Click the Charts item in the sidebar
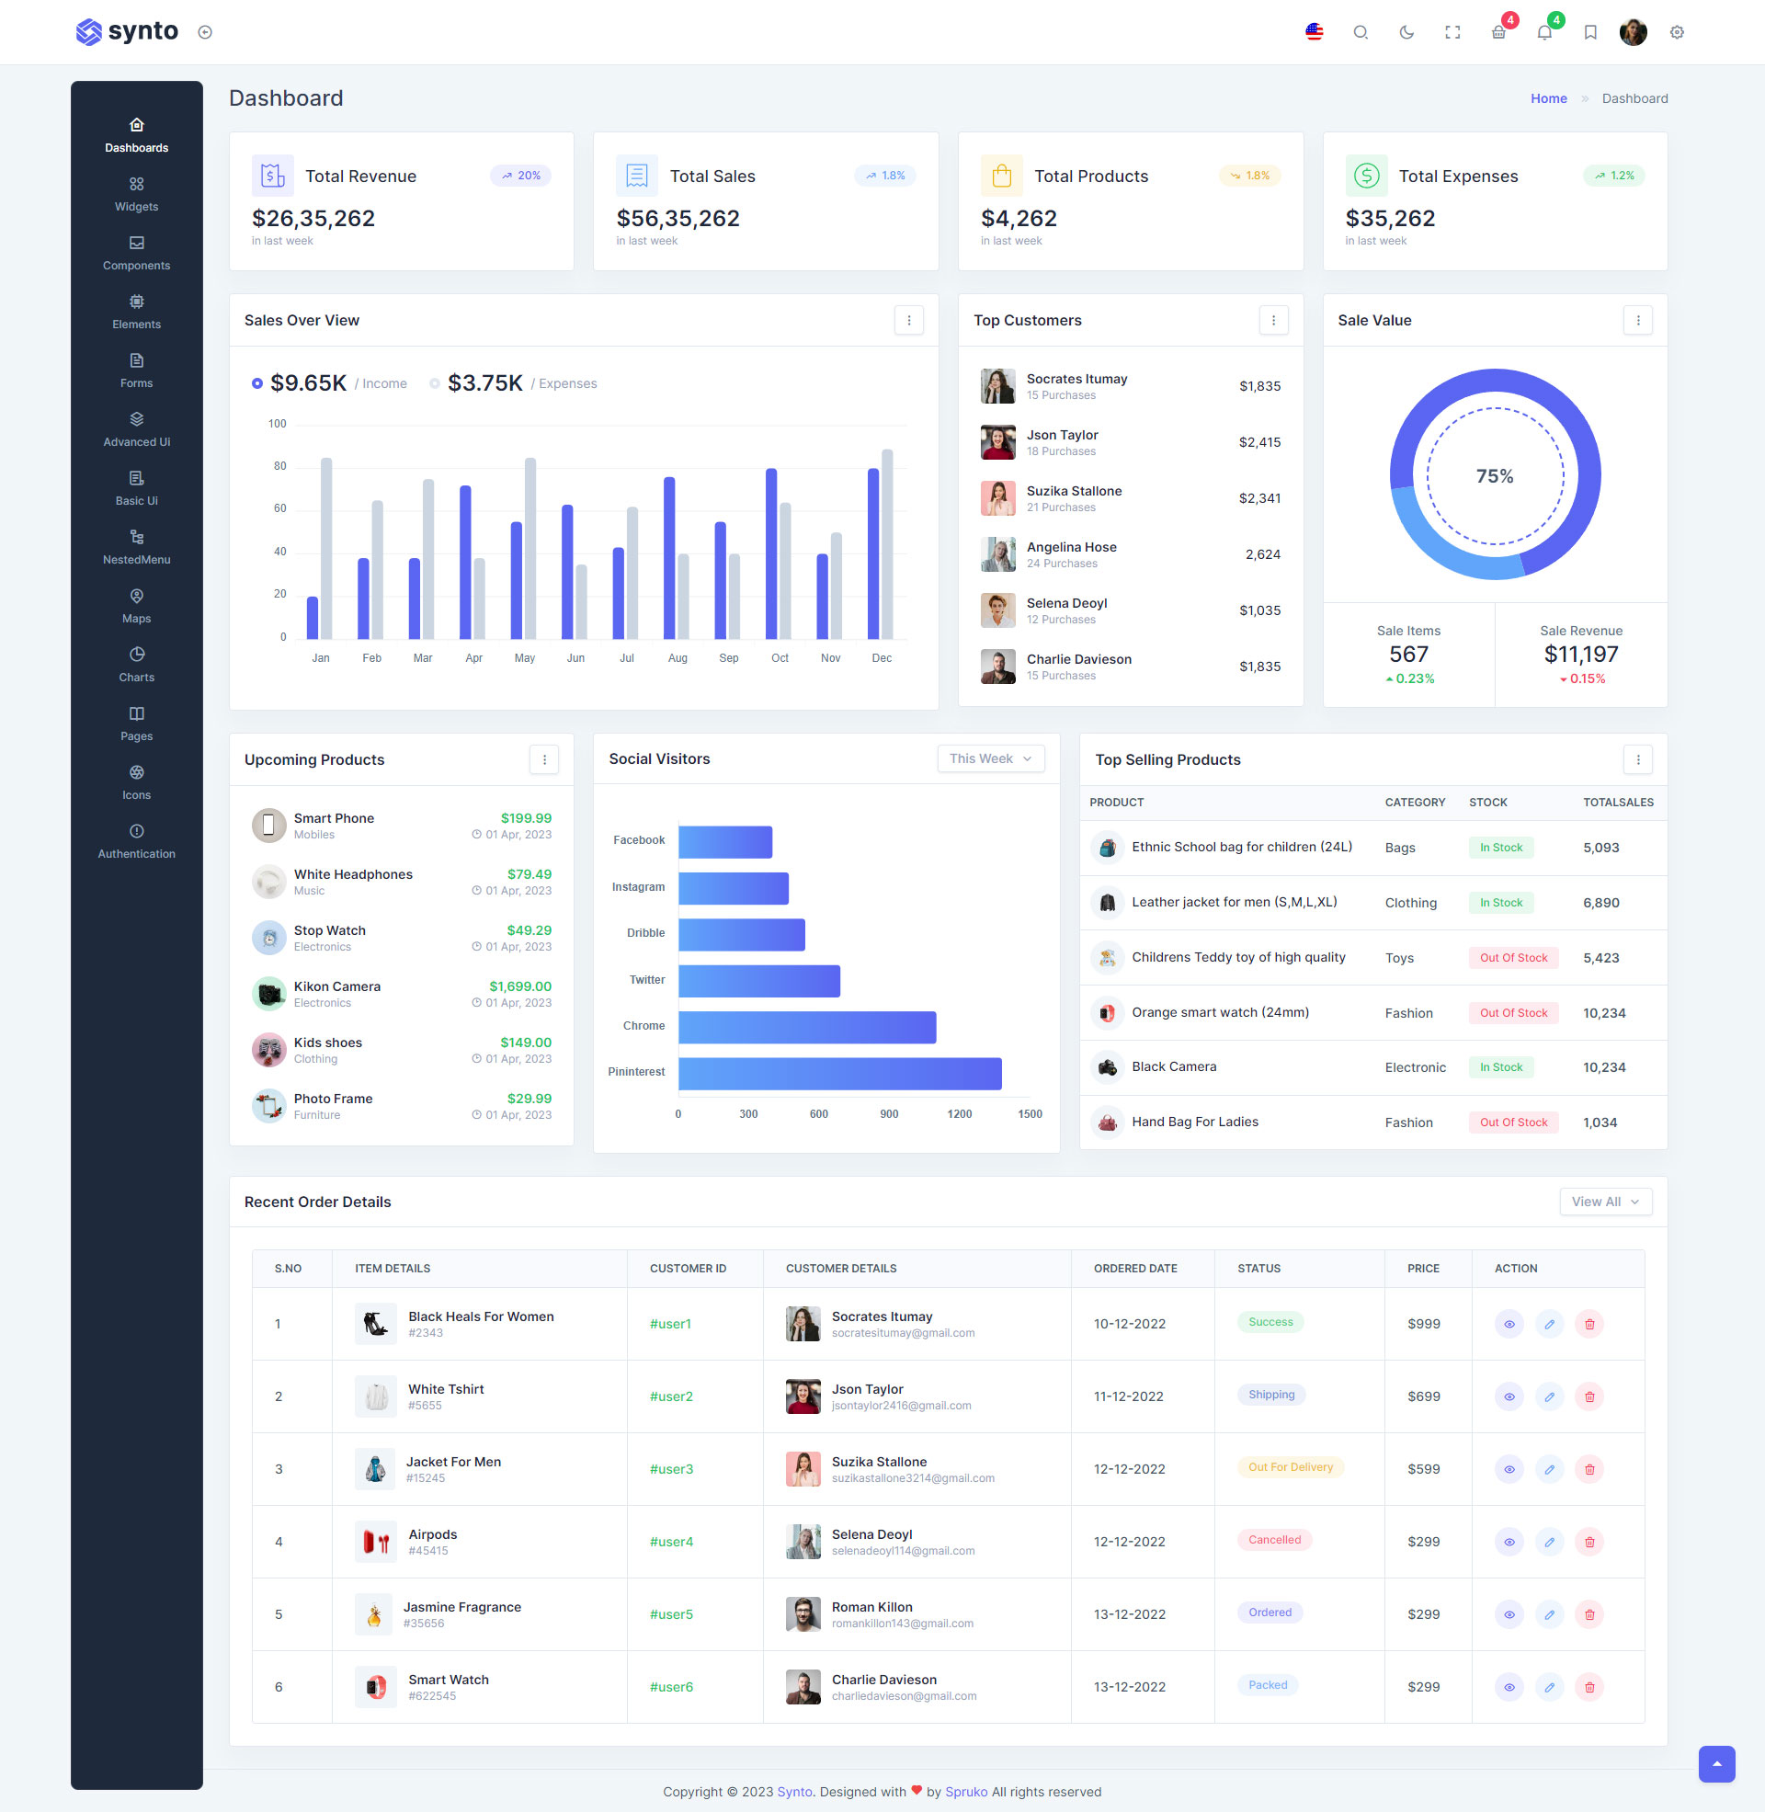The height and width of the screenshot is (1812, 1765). point(136,665)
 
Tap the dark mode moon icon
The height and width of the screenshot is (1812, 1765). point(1406,32)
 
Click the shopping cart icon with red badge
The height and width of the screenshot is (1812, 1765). point(1498,32)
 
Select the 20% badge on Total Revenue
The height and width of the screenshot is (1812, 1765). point(521,176)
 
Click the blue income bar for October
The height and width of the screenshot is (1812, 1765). point(771,553)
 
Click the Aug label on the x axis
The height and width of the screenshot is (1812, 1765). point(678,658)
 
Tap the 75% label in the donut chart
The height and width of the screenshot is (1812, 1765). point(1495,476)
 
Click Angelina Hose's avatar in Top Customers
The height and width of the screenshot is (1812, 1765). point(997,554)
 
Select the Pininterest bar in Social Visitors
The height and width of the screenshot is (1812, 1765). point(840,1073)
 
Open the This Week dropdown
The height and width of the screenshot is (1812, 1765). point(990,758)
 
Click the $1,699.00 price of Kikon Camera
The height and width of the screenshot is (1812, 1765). point(520,986)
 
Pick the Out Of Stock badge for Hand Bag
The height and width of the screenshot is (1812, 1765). point(1513,1123)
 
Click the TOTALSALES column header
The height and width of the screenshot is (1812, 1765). point(1618,803)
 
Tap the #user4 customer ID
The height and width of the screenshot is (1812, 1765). point(671,1542)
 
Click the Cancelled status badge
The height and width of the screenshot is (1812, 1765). point(1274,1540)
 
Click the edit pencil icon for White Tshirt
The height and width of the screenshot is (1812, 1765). point(1549,1396)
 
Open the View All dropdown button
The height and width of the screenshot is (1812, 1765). point(1605,1202)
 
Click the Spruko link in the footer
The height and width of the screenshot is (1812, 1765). point(966,1792)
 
